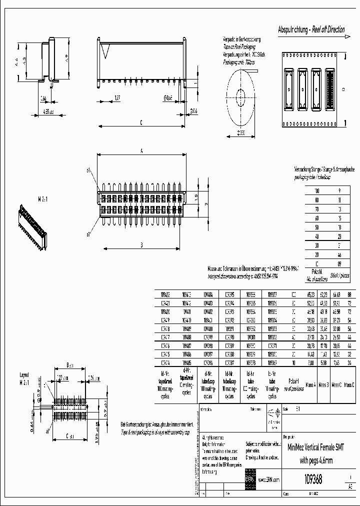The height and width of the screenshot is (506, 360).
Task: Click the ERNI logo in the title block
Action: point(249,479)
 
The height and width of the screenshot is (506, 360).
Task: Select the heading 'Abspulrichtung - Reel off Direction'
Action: point(311,29)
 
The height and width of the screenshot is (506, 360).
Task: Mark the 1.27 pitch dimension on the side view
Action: point(117,97)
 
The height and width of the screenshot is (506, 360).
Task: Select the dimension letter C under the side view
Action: point(141,121)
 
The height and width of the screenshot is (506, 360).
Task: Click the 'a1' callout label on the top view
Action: point(89,170)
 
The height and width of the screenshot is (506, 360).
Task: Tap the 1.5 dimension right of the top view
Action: point(197,196)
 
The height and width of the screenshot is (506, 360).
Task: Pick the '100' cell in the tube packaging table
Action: point(316,190)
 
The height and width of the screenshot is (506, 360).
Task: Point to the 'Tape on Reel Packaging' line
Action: point(238,44)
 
